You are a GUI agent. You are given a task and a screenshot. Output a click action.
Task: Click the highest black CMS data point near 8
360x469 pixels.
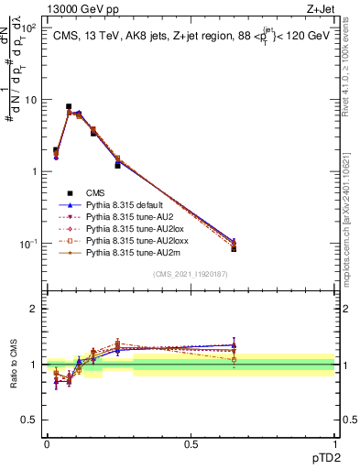click(x=69, y=106)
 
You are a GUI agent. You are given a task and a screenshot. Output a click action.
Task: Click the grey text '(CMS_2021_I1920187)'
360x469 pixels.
click(x=191, y=274)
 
